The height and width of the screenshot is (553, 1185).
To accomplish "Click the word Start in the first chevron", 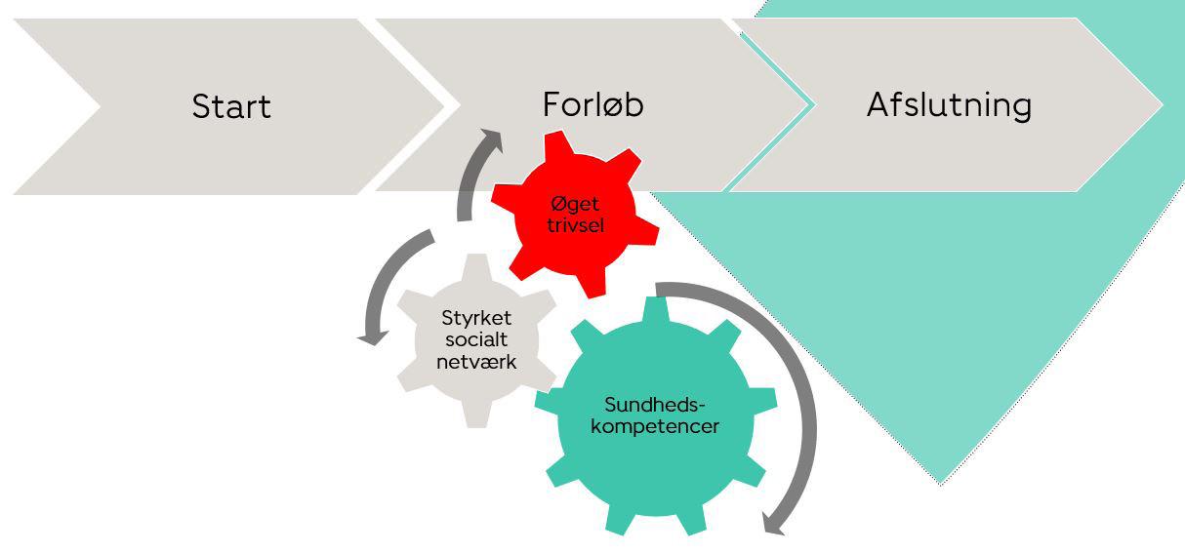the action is point(231,105).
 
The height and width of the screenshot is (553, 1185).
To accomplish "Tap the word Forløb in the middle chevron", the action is point(592,104).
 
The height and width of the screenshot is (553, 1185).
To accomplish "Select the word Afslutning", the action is point(948,104).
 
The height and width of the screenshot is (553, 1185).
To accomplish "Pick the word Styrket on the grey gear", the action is point(476,318).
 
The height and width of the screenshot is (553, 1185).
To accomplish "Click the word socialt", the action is point(476,339).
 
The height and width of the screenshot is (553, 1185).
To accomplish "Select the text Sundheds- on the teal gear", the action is point(654,405).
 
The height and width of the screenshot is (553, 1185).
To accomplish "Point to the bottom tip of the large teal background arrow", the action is point(942,482).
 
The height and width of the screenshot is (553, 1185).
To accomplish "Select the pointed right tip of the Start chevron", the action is point(444,104).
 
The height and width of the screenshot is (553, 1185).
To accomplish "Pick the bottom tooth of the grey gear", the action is point(476,417).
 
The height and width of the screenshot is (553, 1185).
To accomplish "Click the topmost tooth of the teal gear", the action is point(654,309).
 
